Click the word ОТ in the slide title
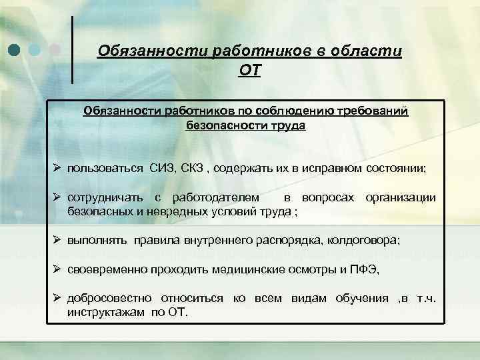click(x=249, y=70)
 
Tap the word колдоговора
click(x=363, y=242)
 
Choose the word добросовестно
click(x=109, y=298)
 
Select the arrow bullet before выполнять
click(x=57, y=242)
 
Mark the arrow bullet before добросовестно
click(x=57, y=298)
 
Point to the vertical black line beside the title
click(x=73, y=50)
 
